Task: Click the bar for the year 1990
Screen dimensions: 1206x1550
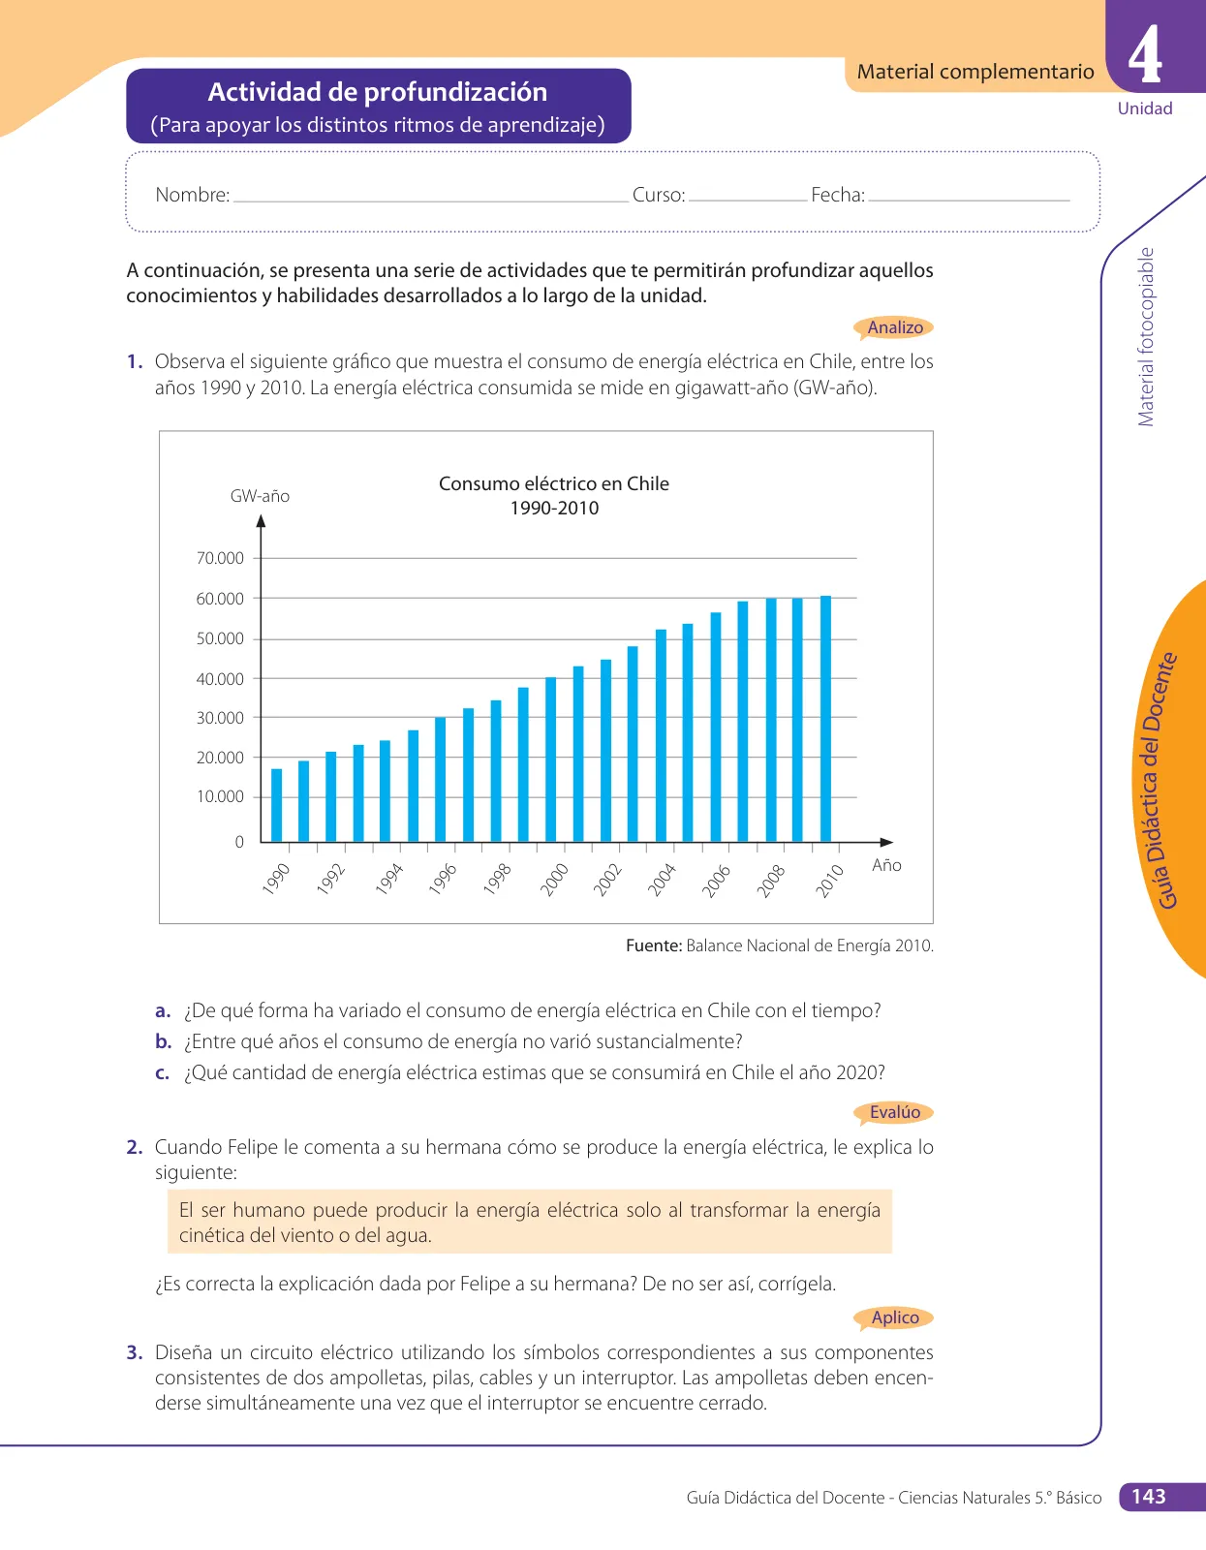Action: (277, 805)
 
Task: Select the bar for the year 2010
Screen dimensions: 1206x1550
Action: (825, 719)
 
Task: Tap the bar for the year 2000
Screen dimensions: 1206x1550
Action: (550, 759)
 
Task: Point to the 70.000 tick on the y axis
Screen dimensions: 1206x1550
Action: (257, 558)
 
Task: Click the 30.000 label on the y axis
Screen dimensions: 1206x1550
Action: (220, 718)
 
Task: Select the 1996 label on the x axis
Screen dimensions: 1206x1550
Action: (442, 878)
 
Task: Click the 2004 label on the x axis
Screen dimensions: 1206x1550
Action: (662, 879)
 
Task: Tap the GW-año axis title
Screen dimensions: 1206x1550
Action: (260, 496)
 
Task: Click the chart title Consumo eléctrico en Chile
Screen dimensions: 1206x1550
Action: (553, 483)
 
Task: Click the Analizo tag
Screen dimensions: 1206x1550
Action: (894, 327)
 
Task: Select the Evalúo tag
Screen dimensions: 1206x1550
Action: (894, 1112)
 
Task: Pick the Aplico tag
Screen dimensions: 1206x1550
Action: (894, 1317)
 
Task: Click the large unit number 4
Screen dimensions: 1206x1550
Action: (1145, 55)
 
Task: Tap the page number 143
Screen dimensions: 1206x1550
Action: (1148, 1497)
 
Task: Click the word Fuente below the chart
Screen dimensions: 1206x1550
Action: (654, 945)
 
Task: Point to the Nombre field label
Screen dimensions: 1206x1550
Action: (193, 195)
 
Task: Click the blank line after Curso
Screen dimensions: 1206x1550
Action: (748, 201)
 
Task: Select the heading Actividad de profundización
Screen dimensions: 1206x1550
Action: (377, 92)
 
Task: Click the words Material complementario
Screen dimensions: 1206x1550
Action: (974, 72)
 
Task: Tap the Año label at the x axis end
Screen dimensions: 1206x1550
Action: (886, 865)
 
